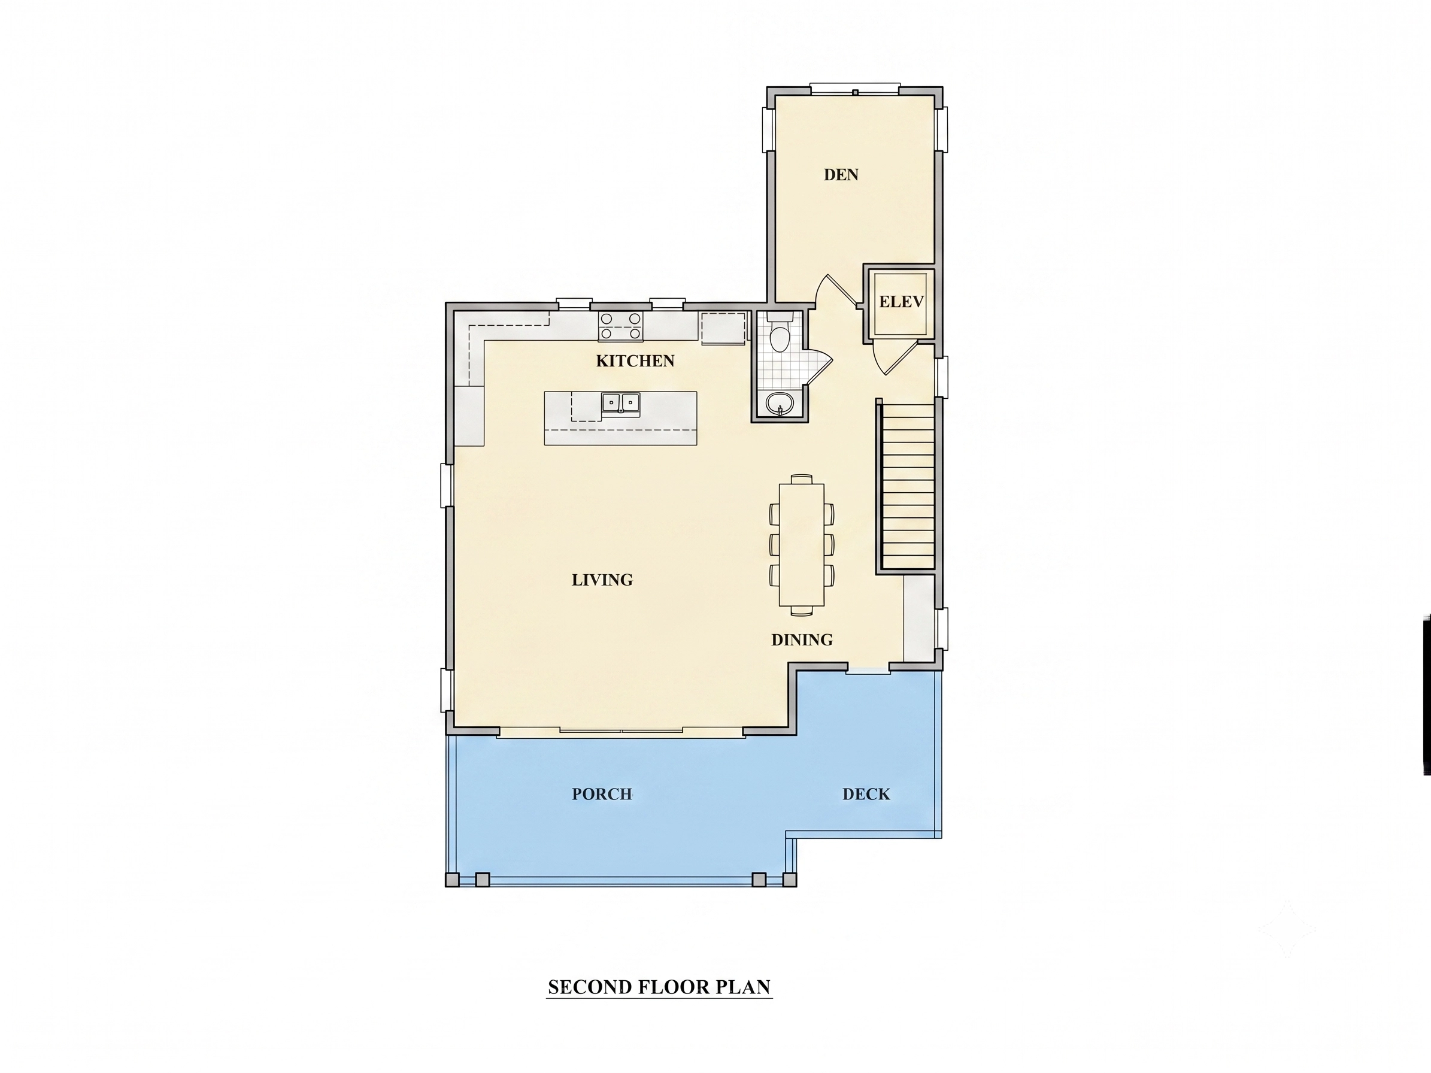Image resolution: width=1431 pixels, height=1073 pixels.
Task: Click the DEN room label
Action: point(841,175)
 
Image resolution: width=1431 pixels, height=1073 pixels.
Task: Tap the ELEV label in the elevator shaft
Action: point(901,301)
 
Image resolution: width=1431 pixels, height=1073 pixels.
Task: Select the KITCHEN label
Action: point(635,361)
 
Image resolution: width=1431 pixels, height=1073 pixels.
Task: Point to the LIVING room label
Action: point(602,580)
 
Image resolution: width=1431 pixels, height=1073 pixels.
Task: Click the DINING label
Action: point(802,639)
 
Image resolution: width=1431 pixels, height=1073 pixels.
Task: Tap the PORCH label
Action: point(602,794)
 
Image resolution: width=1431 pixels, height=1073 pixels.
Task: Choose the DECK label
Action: point(866,794)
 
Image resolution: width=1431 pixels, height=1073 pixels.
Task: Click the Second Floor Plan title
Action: point(659,987)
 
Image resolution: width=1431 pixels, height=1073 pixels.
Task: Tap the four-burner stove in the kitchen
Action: point(620,326)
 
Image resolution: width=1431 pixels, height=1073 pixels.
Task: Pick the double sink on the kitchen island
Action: point(621,403)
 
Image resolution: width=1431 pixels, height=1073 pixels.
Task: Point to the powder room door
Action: point(818,368)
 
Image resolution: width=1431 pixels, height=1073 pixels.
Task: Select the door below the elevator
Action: point(895,357)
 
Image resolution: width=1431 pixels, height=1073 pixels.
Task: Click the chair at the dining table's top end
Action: point(802,478)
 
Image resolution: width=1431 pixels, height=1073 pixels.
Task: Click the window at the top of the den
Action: point(855,89)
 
